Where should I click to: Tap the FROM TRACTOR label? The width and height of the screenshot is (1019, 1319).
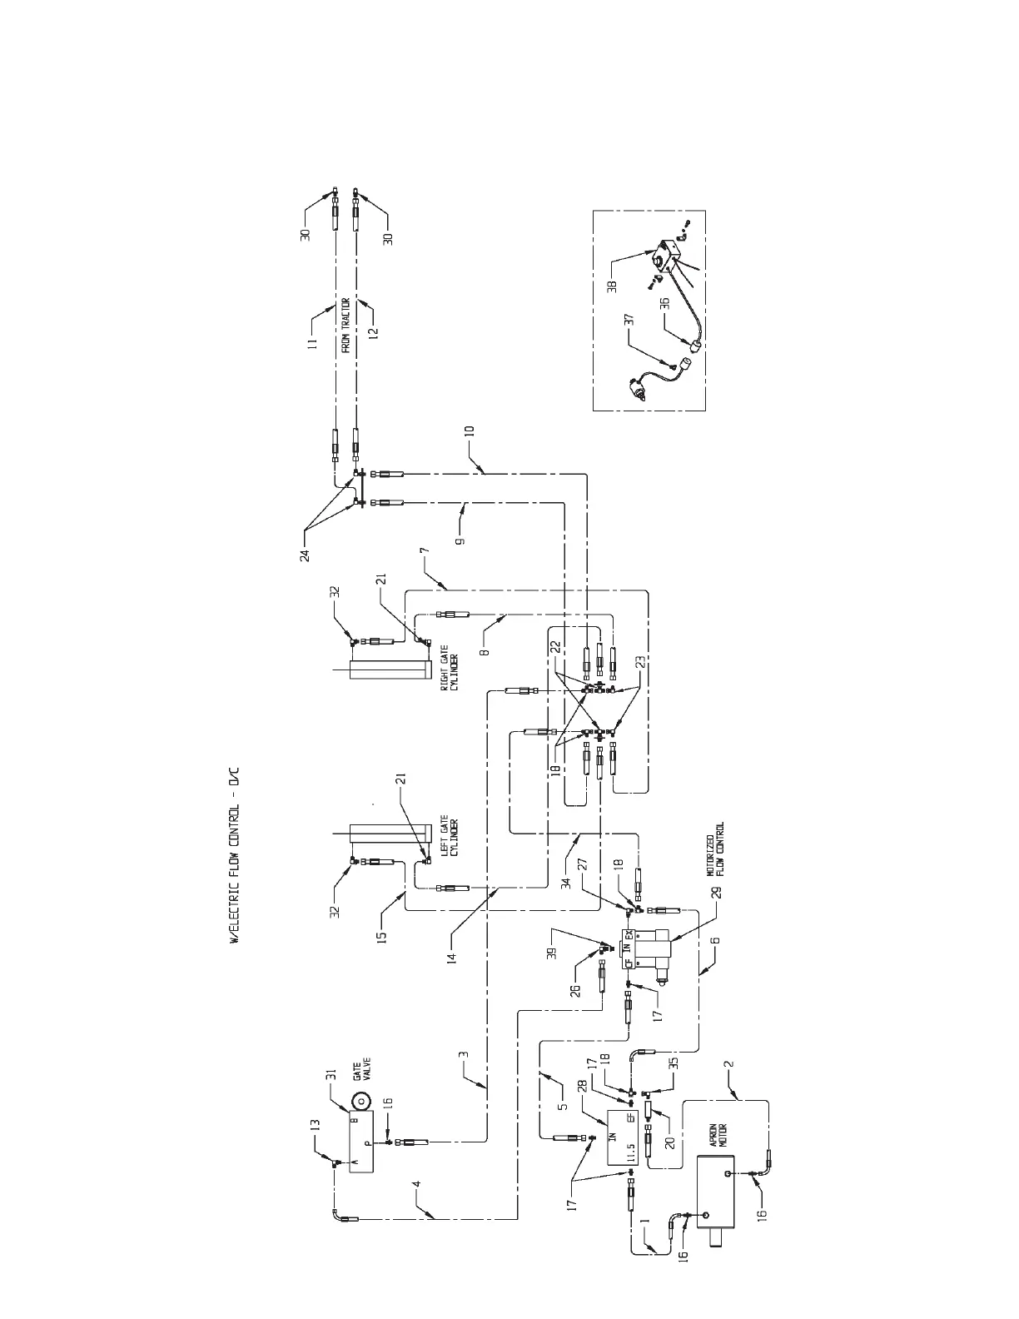coord(345,322)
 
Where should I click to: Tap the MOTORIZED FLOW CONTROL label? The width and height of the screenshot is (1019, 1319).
coord(715,849)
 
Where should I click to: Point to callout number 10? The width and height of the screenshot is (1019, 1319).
coord(469,431)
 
